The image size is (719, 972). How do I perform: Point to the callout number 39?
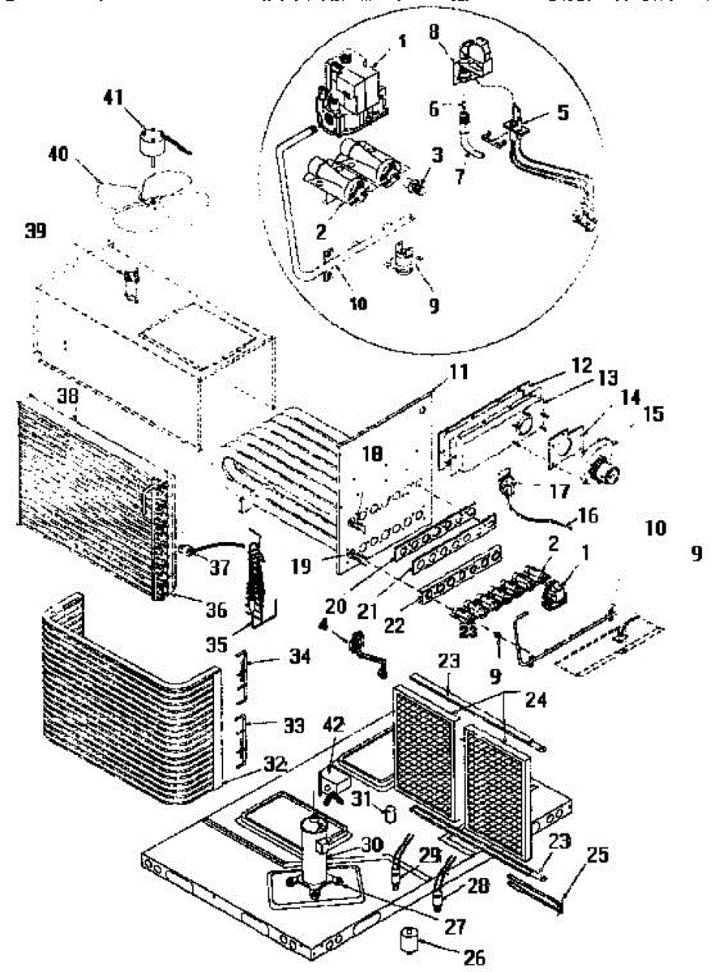pyautogui.click(x=36, y=232)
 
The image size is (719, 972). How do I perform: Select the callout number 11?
pyautogui.click(x=460, y=373)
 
